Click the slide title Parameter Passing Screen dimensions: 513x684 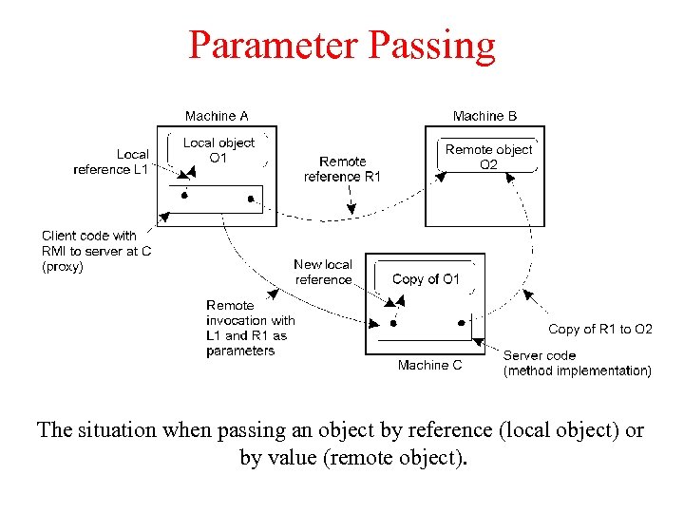click(341, 45)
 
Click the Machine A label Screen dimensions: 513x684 click(217, 116)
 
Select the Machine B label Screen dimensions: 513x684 click(484, 116)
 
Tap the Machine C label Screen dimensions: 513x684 click(429, 365)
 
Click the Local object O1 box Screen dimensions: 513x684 click(218, 150)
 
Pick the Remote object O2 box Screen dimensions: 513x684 click(488, 157)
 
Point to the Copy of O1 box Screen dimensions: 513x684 click(426, 279)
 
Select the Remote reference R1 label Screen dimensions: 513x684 click(342, 169)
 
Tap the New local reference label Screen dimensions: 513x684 click(323, 272)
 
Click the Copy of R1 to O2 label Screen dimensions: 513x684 click(600, 329)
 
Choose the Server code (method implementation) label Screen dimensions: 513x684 click(577, 363)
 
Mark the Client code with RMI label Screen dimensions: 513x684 click(96, 251)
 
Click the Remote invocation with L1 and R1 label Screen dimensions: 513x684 click(250, 328)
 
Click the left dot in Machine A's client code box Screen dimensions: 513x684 click(184, 195)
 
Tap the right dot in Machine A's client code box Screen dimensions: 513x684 click(251, 199)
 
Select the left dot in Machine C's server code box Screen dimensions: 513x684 click(393, 323)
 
